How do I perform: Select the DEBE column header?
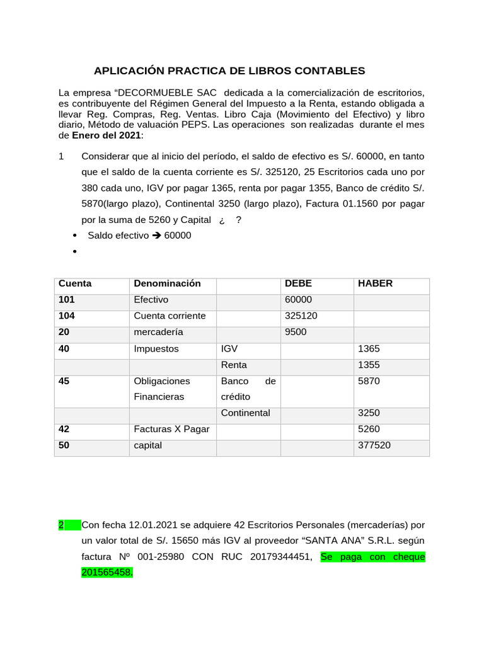coord(298,283)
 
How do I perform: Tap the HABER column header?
coord(375,283)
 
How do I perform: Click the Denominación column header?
coord(167,283)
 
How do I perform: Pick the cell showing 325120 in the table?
coord(301,316)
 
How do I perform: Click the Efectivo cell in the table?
coord(151,300)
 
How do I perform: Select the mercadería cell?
coord(158,332)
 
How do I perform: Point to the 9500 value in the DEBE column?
coord(296,332)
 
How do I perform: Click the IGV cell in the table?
coord(229,348)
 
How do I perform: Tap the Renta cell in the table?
coord(234,365)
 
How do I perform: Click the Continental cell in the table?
coord(245,413)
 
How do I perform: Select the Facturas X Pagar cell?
coord(171,429)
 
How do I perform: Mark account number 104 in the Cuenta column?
coord(67,316)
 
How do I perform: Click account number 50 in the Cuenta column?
coord(64,445)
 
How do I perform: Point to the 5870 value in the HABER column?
coord(369,381)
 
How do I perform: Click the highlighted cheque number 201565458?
coord(107,573)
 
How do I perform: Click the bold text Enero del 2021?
coord(106,135)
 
